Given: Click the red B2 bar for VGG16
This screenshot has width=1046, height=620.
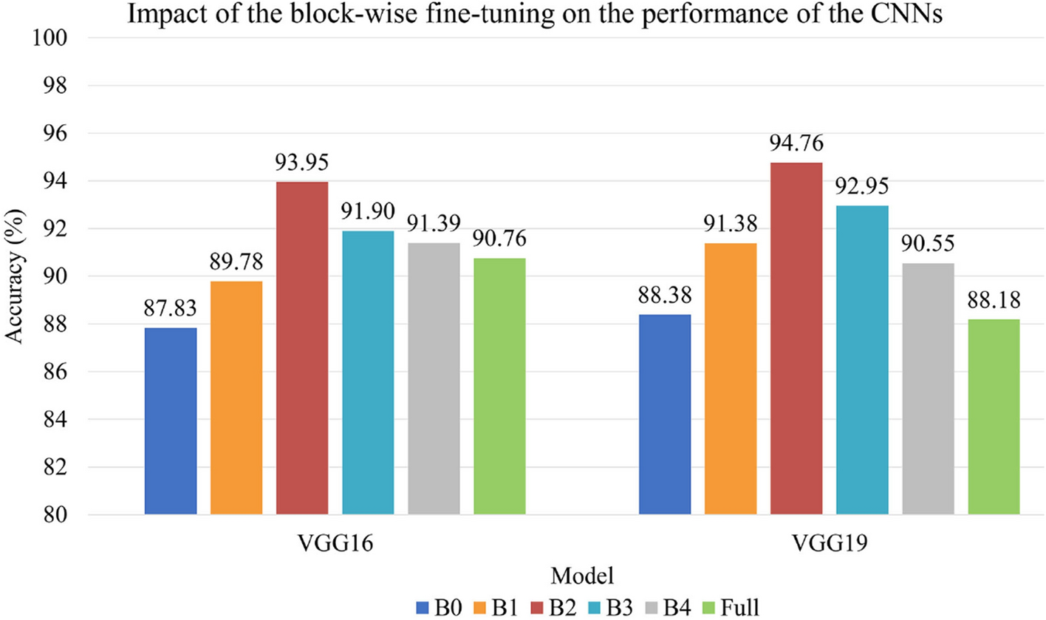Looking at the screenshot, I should point(302,348).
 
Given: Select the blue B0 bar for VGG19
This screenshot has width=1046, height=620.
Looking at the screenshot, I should point(665,415).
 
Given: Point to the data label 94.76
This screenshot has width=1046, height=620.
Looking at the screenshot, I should point(796,142).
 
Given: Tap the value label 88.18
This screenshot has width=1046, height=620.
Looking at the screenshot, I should point(994,299).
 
